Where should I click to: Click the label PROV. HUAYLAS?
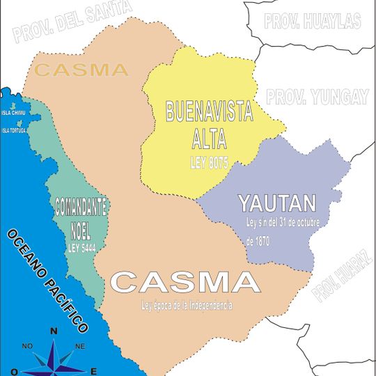point(313,20)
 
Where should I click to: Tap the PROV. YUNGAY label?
point(317,97)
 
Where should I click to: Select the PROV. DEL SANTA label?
point(72,22)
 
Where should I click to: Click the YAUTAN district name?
point(277,203)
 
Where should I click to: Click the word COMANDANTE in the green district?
point(81,207)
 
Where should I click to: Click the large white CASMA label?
point(185,282)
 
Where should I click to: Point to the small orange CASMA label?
point(81,70)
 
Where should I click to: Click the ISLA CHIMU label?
point(15,112)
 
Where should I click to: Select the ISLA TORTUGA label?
point(17,130)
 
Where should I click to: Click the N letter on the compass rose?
point(54,331)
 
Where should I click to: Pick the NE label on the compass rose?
point(79,346)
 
